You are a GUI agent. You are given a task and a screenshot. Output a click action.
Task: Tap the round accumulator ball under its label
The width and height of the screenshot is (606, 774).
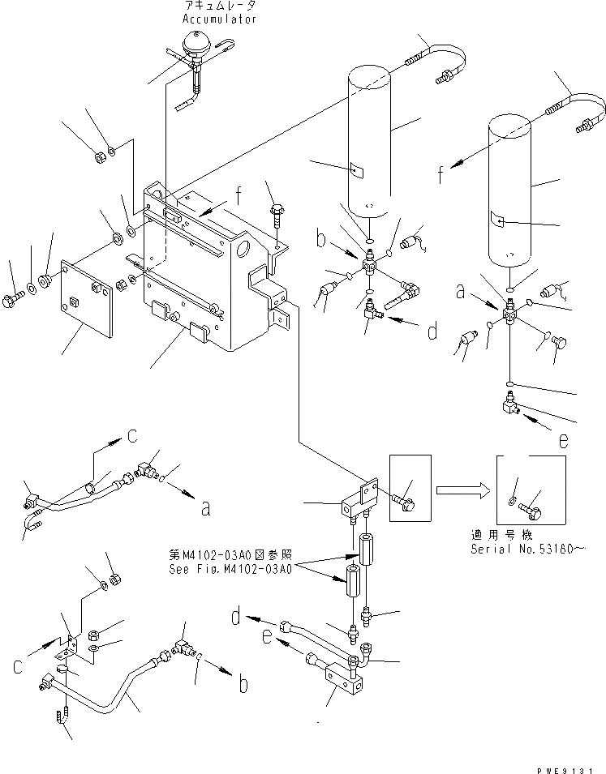[196, 41]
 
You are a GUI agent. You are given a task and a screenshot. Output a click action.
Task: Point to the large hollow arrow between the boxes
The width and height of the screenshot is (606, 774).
[460, 490]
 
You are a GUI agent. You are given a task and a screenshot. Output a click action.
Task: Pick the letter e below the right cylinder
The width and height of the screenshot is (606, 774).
[563, 441]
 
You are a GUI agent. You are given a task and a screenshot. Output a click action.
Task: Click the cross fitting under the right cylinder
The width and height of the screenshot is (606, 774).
[509, 311]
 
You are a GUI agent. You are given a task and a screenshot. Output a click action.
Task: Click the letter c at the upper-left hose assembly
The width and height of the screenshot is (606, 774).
[131, 438]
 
